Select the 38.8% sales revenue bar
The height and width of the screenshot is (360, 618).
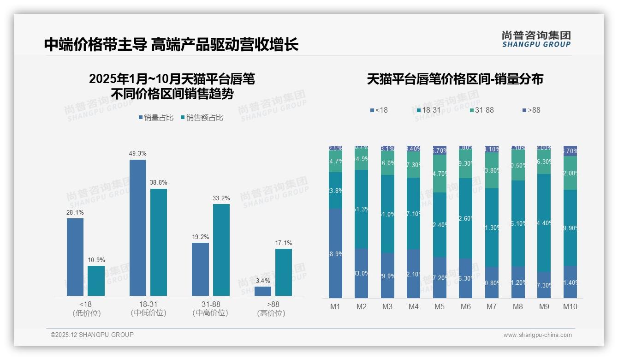click(159, 242)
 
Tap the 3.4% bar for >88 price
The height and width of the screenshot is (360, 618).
click(263, 291)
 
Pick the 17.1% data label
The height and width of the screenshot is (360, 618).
click(284, 243)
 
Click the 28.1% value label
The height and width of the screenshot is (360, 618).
click(75, 212)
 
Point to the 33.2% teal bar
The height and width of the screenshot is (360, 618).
click(221, 250)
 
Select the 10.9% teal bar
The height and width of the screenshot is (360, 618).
click(96, 281)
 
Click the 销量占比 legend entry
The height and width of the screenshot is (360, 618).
click(156, 118)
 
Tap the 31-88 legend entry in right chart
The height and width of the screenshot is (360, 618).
click(481, 110)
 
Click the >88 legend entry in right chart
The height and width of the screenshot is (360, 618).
click(531, 110)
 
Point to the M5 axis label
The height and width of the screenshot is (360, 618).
click(440, 306)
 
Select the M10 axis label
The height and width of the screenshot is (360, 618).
click(570, 306)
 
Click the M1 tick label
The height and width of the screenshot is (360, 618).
click(335, 306)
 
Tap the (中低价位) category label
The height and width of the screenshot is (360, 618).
click(149, 313)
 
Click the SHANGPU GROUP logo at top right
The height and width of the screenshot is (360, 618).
click(536, 39)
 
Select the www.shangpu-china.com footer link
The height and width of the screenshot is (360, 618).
click(537, 335)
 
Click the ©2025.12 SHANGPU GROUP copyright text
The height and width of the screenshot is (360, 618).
click(92, 335)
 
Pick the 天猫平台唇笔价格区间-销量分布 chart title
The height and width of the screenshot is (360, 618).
click(455, 79)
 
